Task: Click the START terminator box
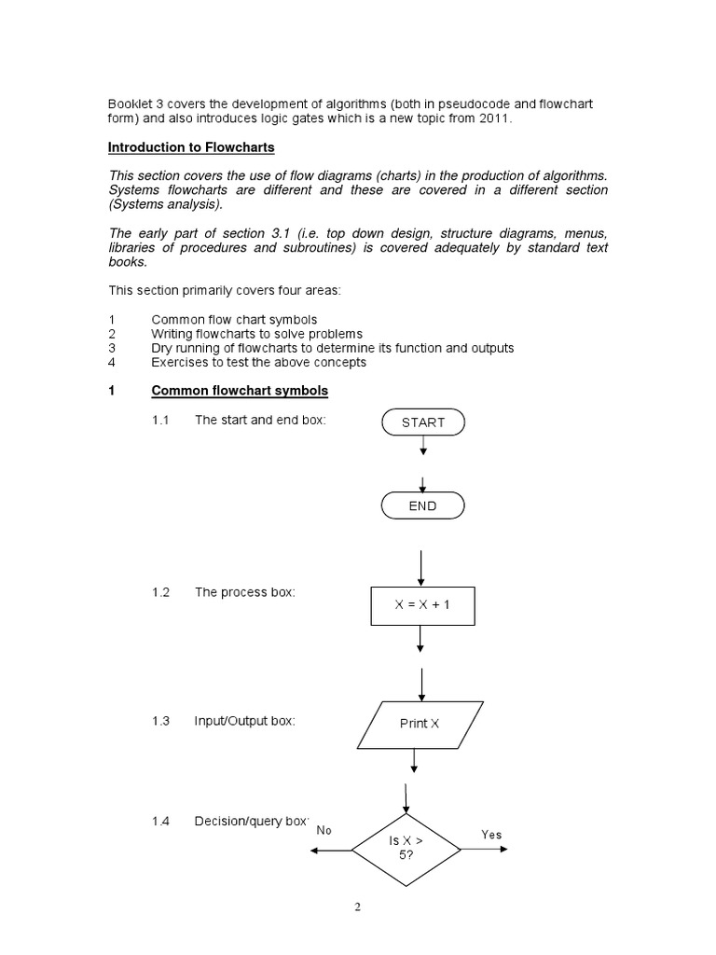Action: tap(422, 422)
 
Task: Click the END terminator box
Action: tap(422, 506)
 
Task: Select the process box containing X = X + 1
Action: tap(422, 604)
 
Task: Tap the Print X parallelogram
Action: tap(420, 724)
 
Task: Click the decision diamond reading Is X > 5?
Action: tap(406, 847)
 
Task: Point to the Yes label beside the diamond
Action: tap(491, 835)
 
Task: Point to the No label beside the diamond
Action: tap(324, 830)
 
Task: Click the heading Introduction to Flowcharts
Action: tap(191, 147)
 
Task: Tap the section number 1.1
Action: tap(160, 421)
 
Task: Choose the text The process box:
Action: tap(244, 593)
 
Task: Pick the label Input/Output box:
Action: tap(244, 721)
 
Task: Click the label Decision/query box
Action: tap(250, 822)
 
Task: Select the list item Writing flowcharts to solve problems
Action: tap(256, 334)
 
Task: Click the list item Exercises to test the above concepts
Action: tap(258, 362)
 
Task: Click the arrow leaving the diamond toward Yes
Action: tap(484, 851)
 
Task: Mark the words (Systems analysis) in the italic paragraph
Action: tap(166, 204)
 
